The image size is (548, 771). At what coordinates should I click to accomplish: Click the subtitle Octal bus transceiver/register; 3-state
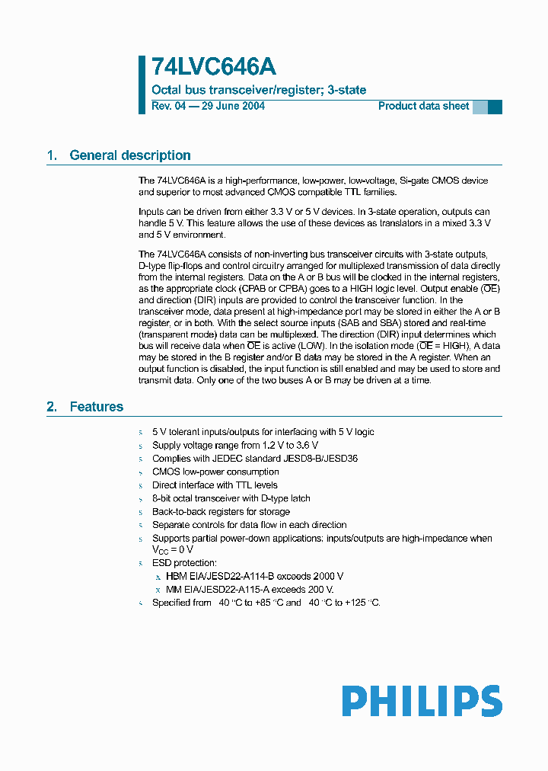pyautogui.click(x=259, y=90)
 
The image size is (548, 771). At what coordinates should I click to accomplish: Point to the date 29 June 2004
pyautogui.click(x=233, y=106)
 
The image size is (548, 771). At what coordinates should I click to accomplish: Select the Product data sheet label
pyautogui.click(x=423, y=106)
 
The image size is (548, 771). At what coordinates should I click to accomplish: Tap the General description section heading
pyautogui.click(x=130, y=155)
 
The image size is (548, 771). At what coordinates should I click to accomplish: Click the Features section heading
pyautogui.click(x=96, y=407)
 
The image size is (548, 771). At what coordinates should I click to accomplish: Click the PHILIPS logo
pyautogui.click(x=421, y=701)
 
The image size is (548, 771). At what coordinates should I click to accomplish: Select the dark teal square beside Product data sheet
pyautogui.click(x=495, y=107)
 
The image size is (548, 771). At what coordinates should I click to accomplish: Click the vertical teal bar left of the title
pyautogui.click(x=142, y=85)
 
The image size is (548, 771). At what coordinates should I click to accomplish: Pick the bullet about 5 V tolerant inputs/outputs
pyautogui.click(x=263, y=432)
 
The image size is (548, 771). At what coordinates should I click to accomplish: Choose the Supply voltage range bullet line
pyautogui.click(x=234, y=445)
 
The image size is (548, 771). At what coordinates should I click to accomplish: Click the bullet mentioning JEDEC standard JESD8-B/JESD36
pyautogui.click(x=255, y=459)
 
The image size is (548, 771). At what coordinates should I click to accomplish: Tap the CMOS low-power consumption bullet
pyautogui.click(x=215, y=472)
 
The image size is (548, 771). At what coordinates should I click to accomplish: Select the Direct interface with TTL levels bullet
pyautogui.click(x=215, y=485)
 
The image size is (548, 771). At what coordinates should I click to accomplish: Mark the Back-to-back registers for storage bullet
pyautogui.click(x=221, y=512)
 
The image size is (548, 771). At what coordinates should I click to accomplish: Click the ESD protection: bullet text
pyautogui.click(x=184, y=563)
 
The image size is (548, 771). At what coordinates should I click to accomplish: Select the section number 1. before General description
pyautogui.click(x=52, y=155)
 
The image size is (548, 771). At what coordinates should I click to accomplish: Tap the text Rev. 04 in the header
pyautogui.click(x=168, y=106)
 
